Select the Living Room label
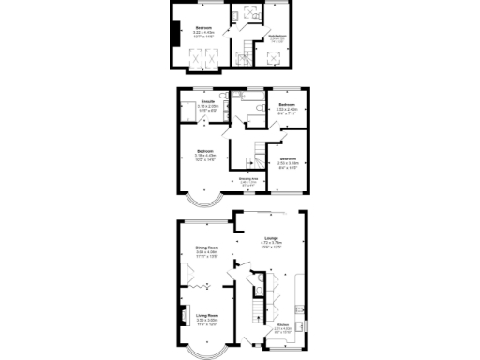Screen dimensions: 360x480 point(207,316)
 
